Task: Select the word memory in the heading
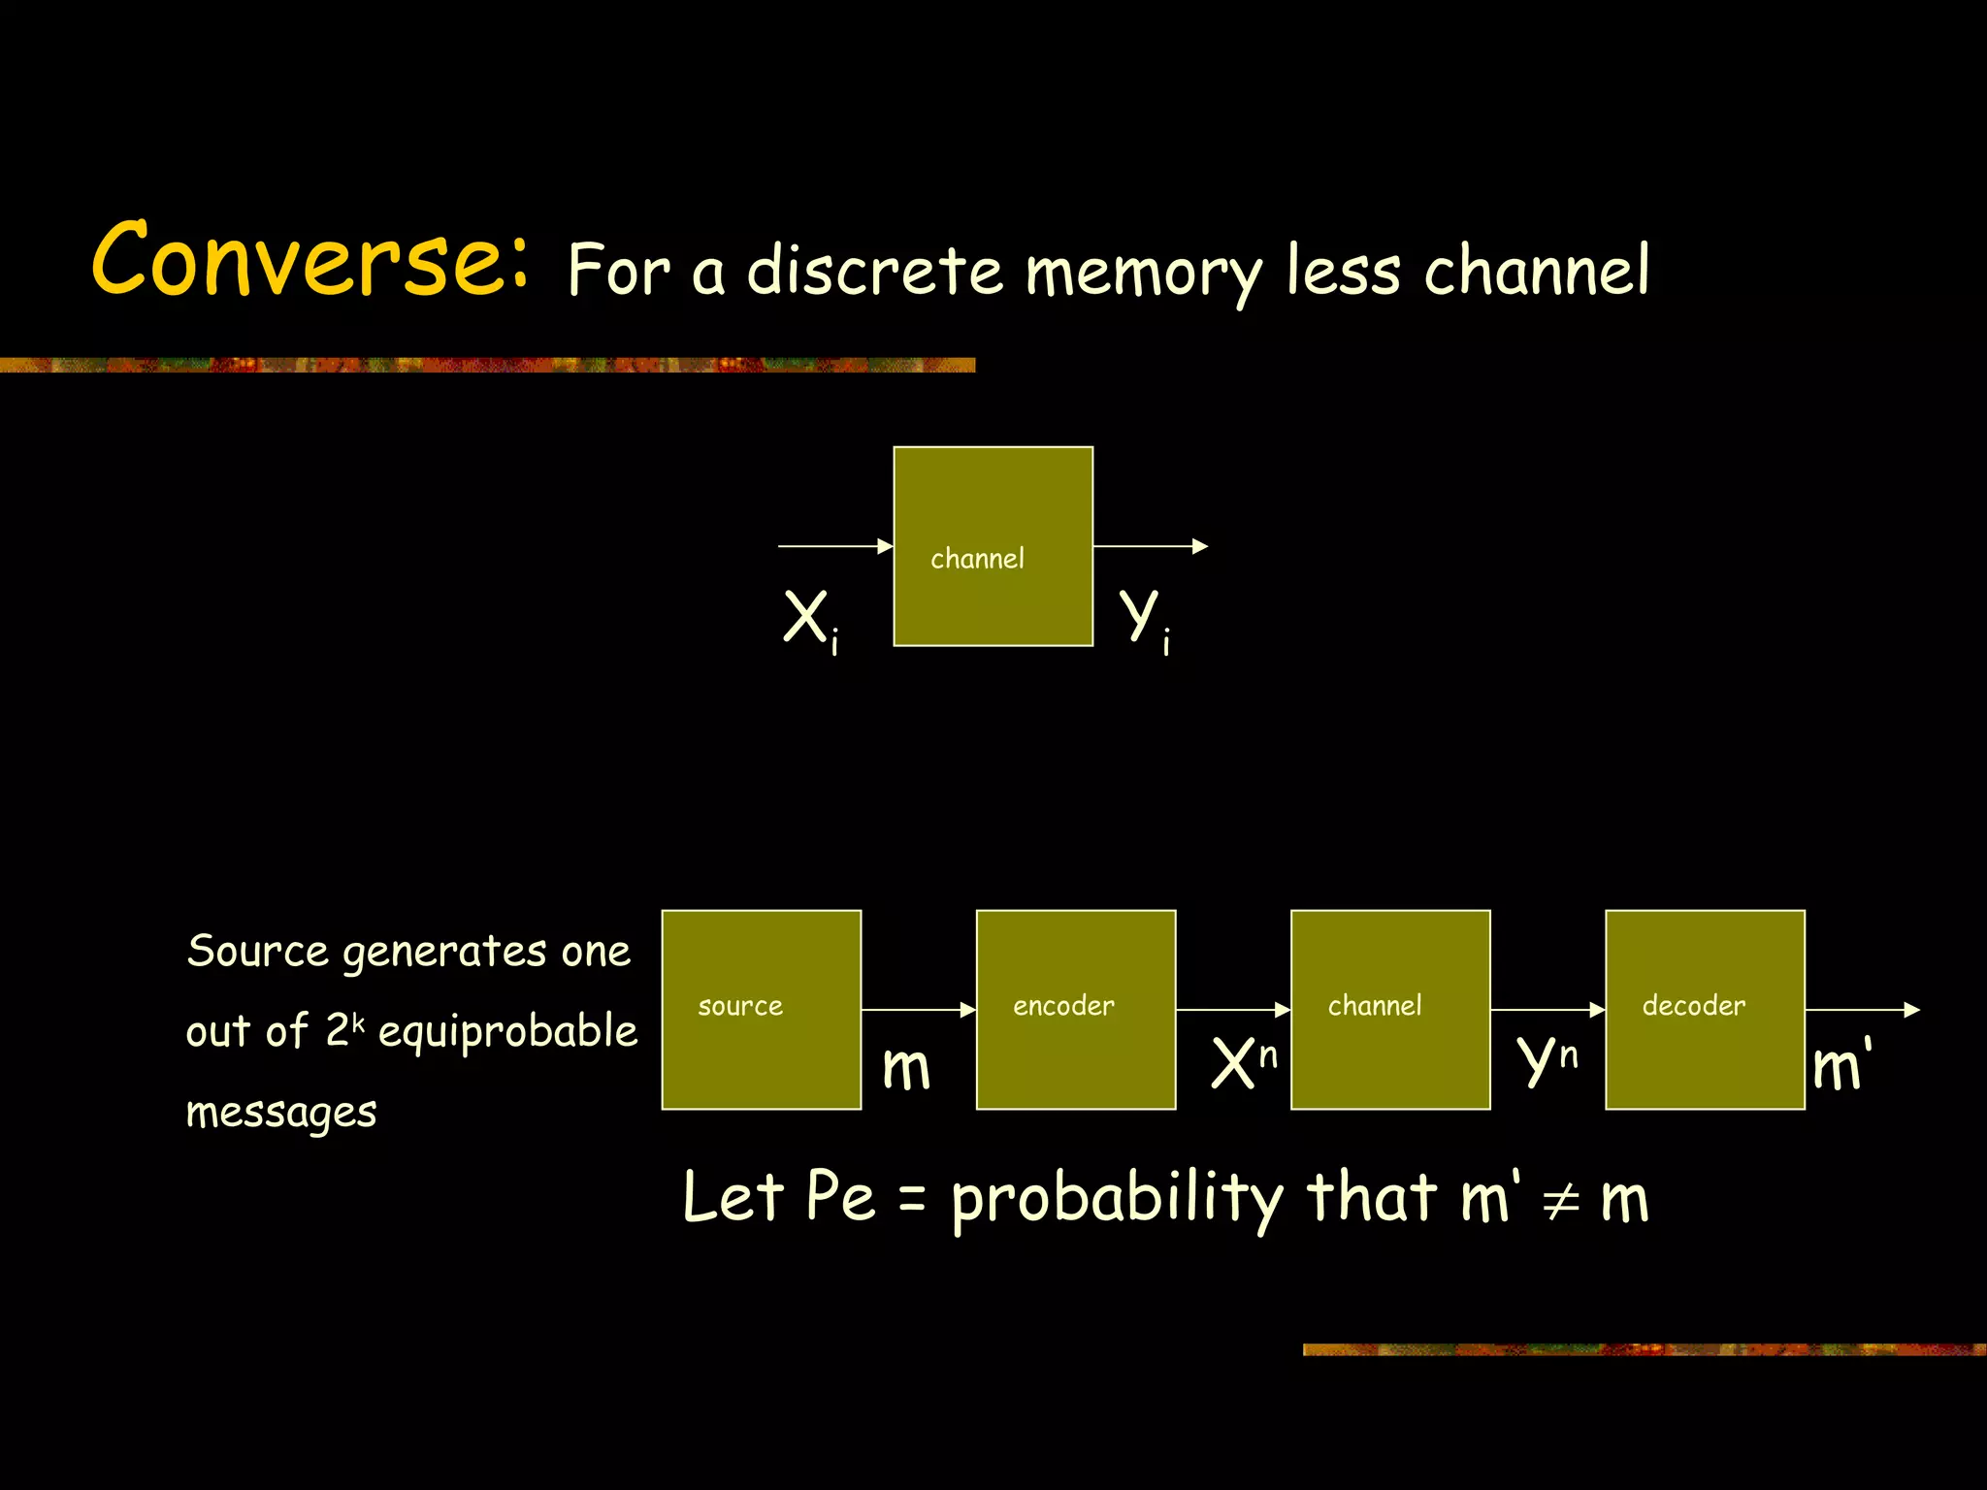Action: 1144,273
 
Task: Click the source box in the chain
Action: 761,1010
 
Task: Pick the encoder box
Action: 1075,1010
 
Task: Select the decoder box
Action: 1705,1010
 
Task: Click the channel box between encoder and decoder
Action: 1389,1010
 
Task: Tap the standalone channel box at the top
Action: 993,546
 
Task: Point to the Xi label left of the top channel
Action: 809,620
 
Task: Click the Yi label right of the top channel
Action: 1144,620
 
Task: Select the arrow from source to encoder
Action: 918,1010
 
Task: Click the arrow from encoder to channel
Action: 1232,1010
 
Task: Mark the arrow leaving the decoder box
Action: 1861,1010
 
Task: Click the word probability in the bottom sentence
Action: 1116,1200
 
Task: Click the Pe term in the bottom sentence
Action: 840,1197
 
